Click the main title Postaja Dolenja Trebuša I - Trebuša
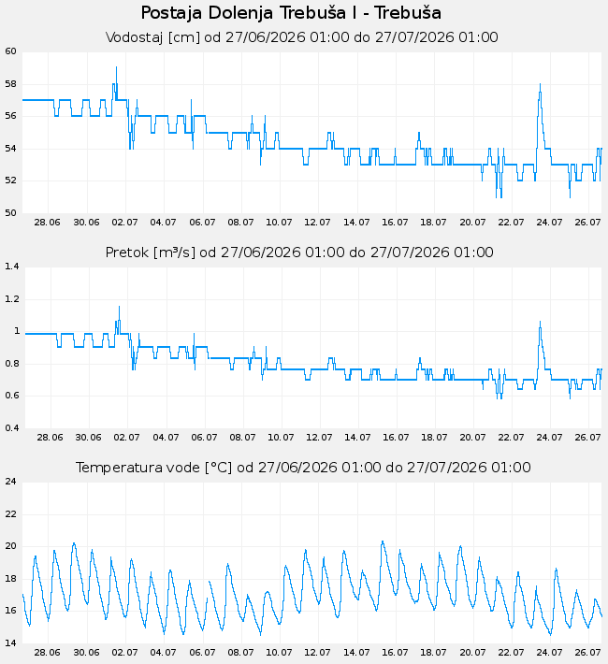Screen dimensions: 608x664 pos(291,13)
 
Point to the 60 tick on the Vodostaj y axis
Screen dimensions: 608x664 pos(10,51)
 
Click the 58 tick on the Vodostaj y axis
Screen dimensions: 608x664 pos(10,84)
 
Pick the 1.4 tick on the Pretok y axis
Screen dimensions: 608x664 pos(12,267)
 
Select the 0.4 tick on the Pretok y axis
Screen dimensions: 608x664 pos(12,427)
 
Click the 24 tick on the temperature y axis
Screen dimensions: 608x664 pos(10,482)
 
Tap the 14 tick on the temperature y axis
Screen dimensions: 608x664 pos(10,642)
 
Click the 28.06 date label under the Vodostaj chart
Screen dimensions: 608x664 pos(47,223)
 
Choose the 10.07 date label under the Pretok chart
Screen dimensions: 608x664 pos(281,438)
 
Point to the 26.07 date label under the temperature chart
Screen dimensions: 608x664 pos(587,653)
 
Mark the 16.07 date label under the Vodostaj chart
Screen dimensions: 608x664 pos(395,223)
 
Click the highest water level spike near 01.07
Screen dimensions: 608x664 pos(117,67)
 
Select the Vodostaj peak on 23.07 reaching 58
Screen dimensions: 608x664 pos(541,84)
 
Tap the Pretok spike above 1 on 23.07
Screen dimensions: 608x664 pos(541,322)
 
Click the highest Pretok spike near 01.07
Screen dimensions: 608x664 pos(119,306)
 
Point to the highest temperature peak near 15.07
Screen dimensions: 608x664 pos(383,541)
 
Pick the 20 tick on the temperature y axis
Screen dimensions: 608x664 pos(10,546)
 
